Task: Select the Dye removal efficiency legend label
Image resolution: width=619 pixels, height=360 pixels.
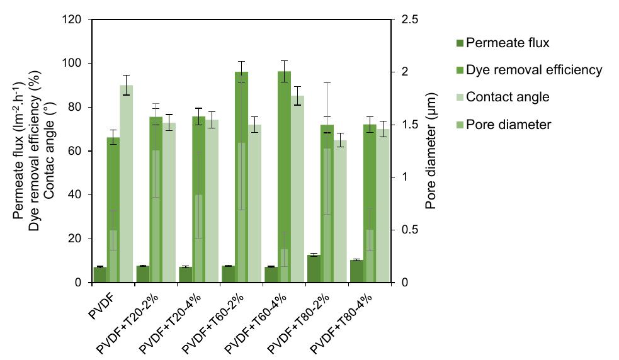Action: click(534, 70)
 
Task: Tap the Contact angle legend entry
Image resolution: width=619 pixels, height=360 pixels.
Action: click(508, 97)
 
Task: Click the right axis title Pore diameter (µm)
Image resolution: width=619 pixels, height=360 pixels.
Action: click(432, 151)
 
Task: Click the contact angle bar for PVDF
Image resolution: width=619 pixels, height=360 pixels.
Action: click(126, 184)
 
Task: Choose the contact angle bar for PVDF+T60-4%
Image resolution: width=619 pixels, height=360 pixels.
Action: click(297, 189)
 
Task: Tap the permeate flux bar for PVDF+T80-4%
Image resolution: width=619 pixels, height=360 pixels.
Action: click(356, 271)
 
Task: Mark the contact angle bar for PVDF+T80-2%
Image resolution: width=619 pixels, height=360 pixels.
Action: click(340, 211)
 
